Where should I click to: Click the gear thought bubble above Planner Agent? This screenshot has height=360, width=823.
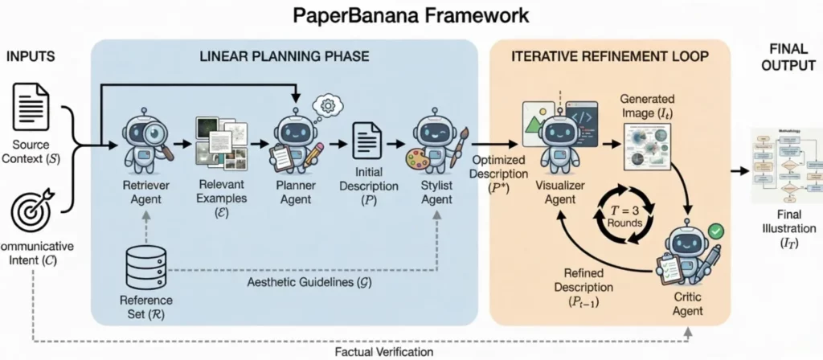pyautogui.click(x=328, y=106)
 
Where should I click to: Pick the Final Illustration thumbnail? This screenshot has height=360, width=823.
pyautogui.click(x=777, y=166)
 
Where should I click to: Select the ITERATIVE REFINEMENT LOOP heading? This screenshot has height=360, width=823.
pyautogui.click(x=610, y=59)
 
